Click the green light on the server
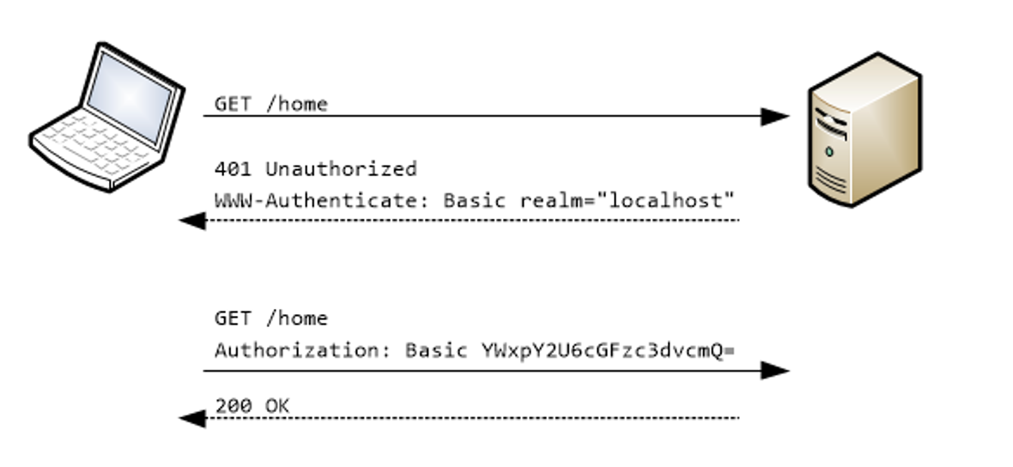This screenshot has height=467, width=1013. [828, 151]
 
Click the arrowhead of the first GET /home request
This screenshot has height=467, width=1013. [774, 117]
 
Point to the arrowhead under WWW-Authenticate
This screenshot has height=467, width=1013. [192, 221]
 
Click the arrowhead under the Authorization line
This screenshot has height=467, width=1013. [774, 371]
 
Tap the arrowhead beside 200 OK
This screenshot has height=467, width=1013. [192, 419]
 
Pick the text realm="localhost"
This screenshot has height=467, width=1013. [628, 201]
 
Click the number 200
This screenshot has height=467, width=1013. [234, 405]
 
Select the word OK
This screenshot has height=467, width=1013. [277, 405]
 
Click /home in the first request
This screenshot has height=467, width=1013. [296, 105]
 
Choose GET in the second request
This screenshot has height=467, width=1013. [234, 318]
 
